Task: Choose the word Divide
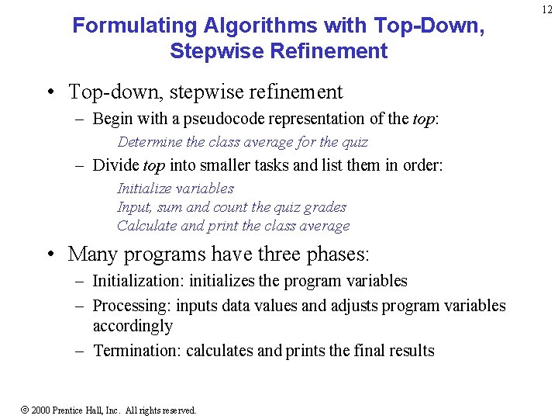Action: tap(116, 164)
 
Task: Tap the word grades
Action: tap(326, 207)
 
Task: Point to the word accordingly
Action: tap(133, 326)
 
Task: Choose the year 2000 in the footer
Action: tap(41, 410)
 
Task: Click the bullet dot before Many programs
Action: tap(49, 255)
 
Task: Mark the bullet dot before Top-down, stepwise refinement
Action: tap(49, 92)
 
